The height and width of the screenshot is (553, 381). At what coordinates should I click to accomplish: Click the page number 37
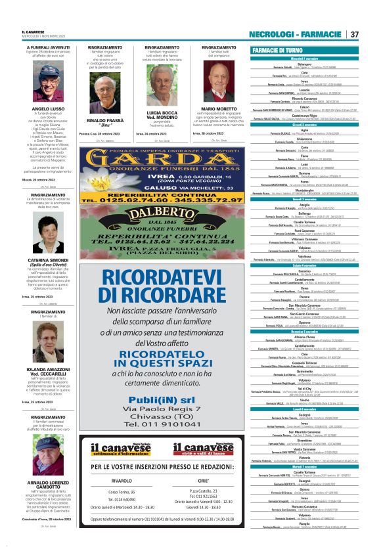[x=354, y=34]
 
